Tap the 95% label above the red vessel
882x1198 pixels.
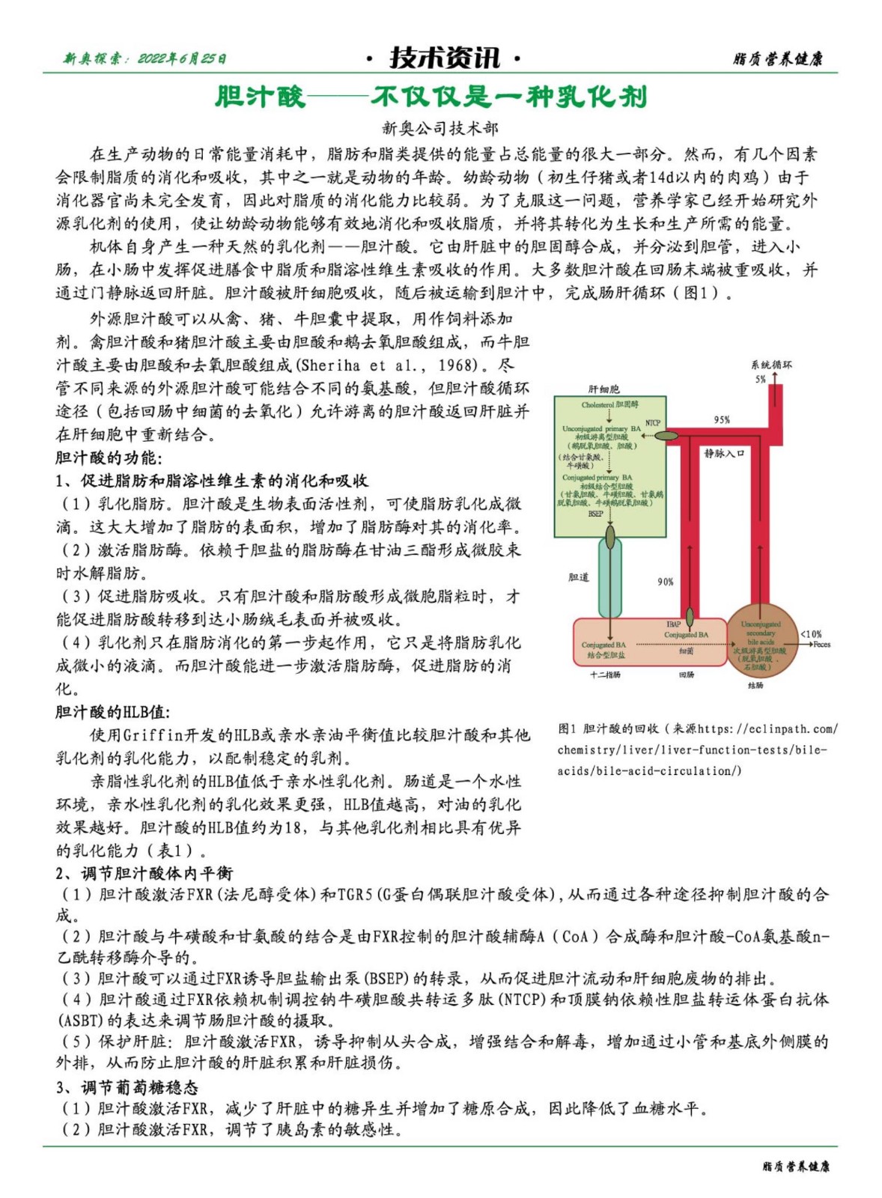[721, 420]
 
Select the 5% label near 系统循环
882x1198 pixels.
[760, 380]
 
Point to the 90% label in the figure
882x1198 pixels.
[665, 582]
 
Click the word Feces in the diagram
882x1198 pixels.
[821, 645]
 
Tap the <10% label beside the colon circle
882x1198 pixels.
[810, 634]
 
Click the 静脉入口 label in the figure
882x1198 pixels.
[724, 453]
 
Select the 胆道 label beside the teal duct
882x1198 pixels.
[578, 577]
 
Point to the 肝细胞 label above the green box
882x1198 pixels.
[603, 389]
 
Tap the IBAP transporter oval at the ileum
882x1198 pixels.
[689, 617]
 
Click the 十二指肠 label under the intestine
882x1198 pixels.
[605, 675]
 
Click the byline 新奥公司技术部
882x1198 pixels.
[440, 128]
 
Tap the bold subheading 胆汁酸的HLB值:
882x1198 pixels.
[113, 711]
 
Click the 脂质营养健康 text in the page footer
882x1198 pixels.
[795, 1167]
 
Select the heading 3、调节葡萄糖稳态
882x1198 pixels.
[127, 1086]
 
